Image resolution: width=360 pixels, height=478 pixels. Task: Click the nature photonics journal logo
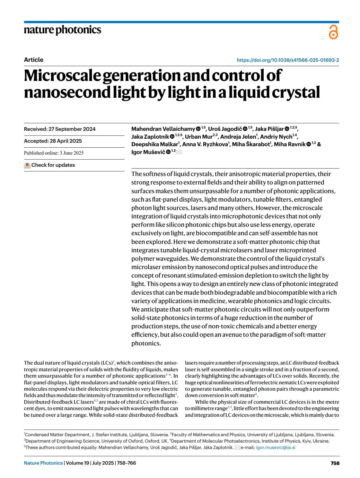[62, 30]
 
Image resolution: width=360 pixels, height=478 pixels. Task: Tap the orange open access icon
[333, 32]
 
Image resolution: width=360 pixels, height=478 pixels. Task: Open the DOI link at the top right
[288, 60]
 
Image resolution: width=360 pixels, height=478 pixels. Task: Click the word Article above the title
[34, 60]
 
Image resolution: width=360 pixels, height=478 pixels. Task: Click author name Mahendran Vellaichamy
[163, 129]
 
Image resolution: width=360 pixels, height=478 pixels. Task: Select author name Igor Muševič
[148, 152]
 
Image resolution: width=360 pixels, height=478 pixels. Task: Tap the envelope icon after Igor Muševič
[179, 152]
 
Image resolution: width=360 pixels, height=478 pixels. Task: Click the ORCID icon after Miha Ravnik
[309, 144]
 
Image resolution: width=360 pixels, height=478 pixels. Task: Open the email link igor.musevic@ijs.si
[275, 447]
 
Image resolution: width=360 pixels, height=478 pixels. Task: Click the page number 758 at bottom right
[335, 463]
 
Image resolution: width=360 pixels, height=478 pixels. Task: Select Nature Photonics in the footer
[43, 463]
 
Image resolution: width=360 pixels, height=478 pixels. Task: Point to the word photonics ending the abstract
[145, 343]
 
